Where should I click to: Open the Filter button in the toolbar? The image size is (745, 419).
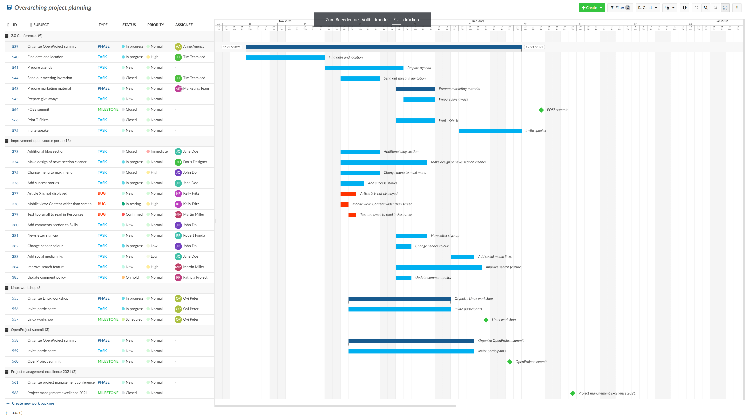tap(620, 8)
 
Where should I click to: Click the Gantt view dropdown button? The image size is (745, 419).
tap(647, 8)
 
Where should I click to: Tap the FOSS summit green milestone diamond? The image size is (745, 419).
tap(541, 110)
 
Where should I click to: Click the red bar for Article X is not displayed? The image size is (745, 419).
tap(348, 194)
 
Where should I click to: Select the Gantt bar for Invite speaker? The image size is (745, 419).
tap(490, 131)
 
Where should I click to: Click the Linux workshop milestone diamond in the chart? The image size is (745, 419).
tap(486, 320)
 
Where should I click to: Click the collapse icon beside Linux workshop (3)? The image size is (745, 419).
tap(7, 288)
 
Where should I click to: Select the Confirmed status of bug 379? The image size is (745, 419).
tap(134, 215)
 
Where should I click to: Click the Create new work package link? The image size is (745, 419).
tap(33, 403)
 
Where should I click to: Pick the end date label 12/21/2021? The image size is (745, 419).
tap(534, 47)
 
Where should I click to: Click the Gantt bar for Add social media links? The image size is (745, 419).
tap(462, 257)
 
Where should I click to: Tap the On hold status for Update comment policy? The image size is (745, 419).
tap(132, 277)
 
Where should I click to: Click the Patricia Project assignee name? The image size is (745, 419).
tap(195, 277)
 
